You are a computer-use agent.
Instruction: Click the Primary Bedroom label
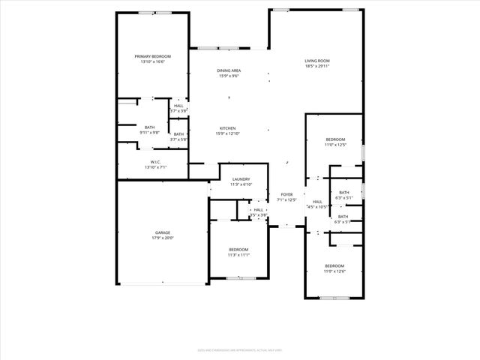[152, 56]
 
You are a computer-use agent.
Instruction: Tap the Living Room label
[317, 61]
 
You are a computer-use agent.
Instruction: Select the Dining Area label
[229, 70]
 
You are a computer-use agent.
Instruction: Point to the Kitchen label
[228, 127]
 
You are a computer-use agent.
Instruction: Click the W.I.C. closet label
[155, 162]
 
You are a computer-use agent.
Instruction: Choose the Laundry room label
[241, 179]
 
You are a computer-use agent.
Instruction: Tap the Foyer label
[287, 194]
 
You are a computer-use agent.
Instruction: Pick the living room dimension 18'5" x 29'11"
[317, 66]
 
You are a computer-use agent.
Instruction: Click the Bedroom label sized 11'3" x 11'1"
[238, 249]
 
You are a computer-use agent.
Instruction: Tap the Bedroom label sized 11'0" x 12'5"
[335, 139]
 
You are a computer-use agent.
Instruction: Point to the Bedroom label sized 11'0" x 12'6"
[334, 266]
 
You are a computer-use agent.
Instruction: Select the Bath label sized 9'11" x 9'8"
[150, 127]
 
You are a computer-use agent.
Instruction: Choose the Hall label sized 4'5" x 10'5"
[317, 201]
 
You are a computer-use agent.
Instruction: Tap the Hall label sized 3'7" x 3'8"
[178, 106]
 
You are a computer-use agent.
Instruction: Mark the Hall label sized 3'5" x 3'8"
[258, 210]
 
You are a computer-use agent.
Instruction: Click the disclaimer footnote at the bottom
[239, 349]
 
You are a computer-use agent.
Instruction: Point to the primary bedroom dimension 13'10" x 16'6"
[152, 61]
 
